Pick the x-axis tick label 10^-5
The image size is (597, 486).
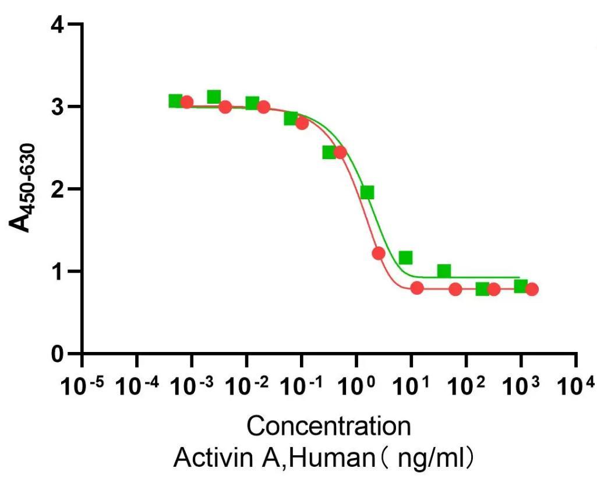pyautogui.click(x=81, y=386)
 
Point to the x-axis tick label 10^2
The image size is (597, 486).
pyautogui.click(x=466, y=386)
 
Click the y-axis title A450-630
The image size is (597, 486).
pyautogui.click(x=26, y=188)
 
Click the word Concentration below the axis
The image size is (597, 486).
pyautogui.click(x=328, y=427)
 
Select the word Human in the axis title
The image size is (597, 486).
pyautogui.click(x=330, y=459)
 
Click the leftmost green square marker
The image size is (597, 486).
pyautogui.click(x=175, y=101)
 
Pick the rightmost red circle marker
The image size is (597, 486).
pyautogui.click(x=531, y=289)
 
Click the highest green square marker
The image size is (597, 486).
pyautogui.click(x=214, y=96)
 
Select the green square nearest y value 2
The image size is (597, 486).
pyautogui.click(x=367, y=192)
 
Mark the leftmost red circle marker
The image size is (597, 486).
pyautogui.click(x=186, y=102)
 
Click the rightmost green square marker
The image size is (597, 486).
pyautogui.click(x=521, y=286)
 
